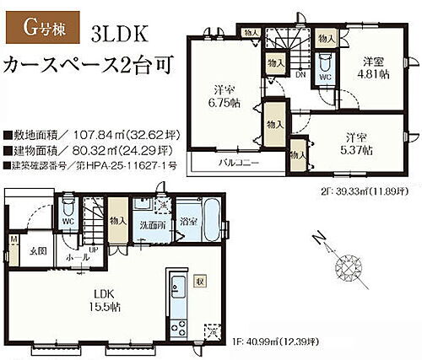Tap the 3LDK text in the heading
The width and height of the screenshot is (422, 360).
pyautogui.click(x=116, y=33)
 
